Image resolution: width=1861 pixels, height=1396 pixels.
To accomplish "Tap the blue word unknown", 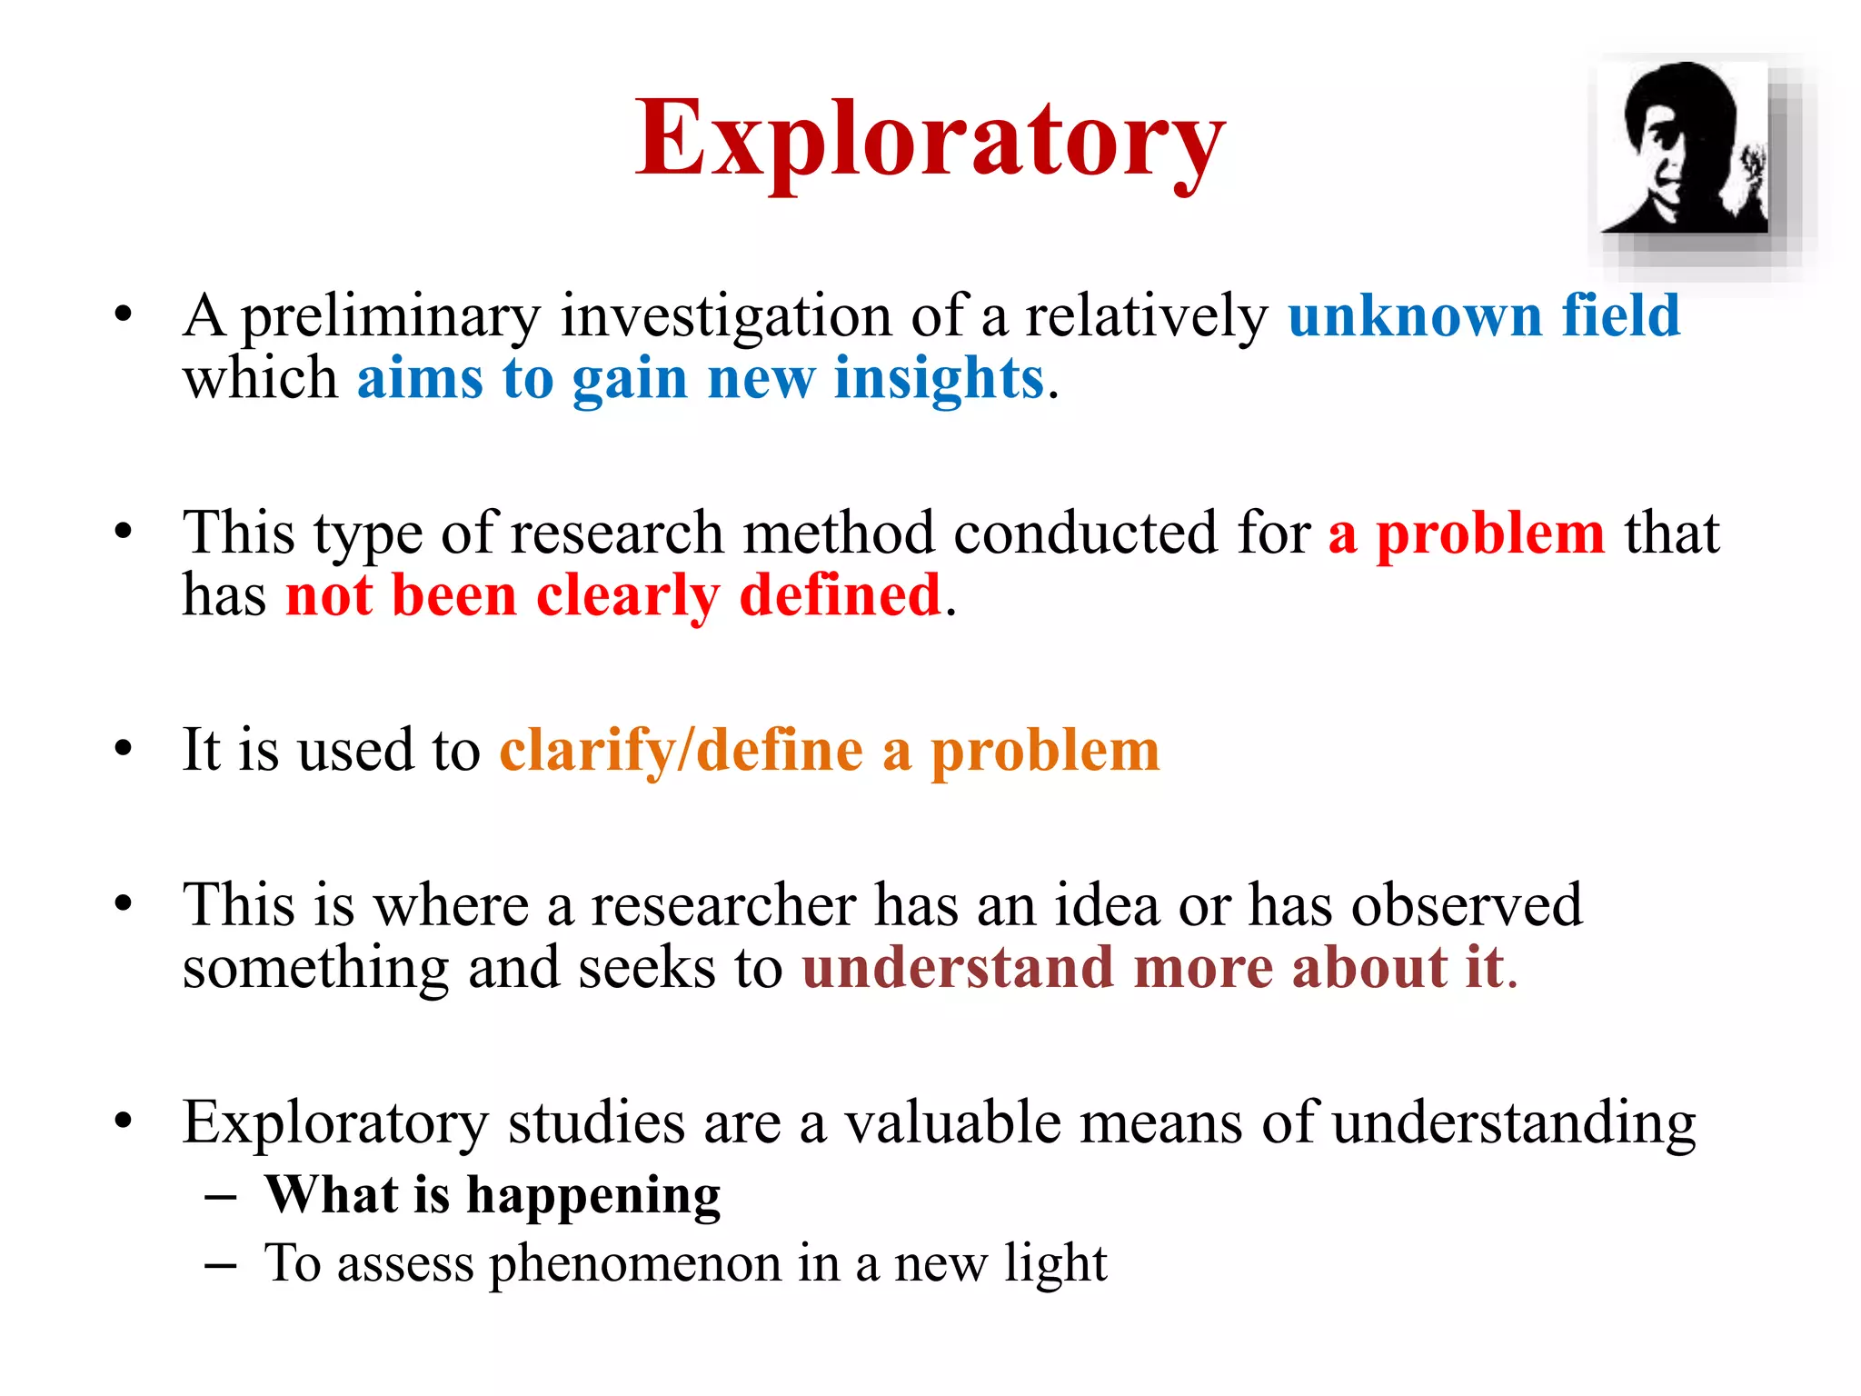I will click(1415, 316).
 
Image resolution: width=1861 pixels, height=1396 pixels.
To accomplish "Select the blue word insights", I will click(939, 378).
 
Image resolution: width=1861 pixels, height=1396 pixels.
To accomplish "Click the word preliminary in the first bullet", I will click(391, 318).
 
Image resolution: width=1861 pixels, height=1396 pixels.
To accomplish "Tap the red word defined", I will click(840, 596).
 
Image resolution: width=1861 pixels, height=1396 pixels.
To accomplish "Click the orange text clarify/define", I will click(682, 752).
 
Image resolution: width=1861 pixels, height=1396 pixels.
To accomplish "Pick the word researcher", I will click(723, 905).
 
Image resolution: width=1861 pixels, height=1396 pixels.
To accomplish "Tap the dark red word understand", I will click(958, 967).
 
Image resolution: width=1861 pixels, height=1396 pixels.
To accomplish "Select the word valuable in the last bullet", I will click(952, 1122).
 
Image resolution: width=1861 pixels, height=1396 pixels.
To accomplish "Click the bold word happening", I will click(593, 1196).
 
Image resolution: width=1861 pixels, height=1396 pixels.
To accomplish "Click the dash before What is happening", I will click(221, 1197).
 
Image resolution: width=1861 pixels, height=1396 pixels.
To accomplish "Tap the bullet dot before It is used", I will click(124, 750).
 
